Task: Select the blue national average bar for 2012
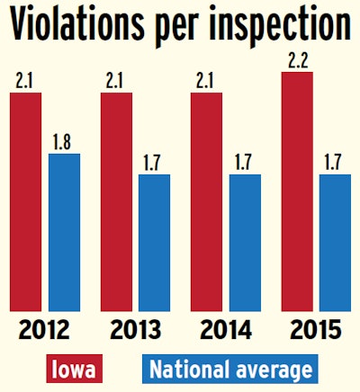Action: (64, 233)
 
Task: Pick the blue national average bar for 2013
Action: (154, 243)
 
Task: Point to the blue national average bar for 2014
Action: (245, 243)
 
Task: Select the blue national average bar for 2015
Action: (335, 243)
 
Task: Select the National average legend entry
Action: (231, 370)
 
